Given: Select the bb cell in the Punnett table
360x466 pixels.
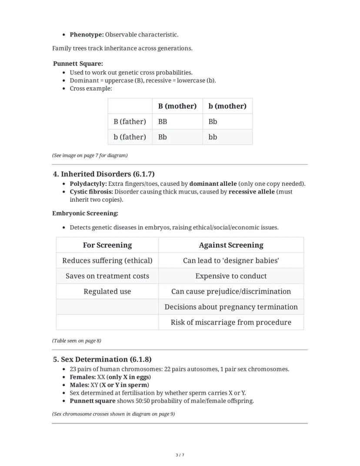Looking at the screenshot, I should click(213, 137).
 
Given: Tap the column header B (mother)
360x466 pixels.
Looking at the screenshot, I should click(177, 106).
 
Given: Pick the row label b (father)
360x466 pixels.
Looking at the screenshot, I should click(130, 137).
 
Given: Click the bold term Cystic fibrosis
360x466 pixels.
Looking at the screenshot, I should click(91, 191).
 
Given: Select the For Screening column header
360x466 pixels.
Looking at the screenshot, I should click(107, 245).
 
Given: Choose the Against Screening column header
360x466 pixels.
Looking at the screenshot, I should click(231, 245).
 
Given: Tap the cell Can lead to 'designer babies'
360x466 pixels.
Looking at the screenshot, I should click(231, 261).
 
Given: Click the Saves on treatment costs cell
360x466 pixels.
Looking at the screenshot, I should click(107, 276).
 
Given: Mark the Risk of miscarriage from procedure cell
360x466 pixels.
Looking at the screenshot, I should click(231, 322).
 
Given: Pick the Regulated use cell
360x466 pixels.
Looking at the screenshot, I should click(107, 292).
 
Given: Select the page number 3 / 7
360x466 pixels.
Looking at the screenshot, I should click(180, 455).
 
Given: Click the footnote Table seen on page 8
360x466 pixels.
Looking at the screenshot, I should click(77, 341).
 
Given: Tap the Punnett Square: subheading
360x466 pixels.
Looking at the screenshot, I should click(78, 64).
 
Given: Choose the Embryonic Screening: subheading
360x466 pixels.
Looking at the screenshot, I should click(85, 213).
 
